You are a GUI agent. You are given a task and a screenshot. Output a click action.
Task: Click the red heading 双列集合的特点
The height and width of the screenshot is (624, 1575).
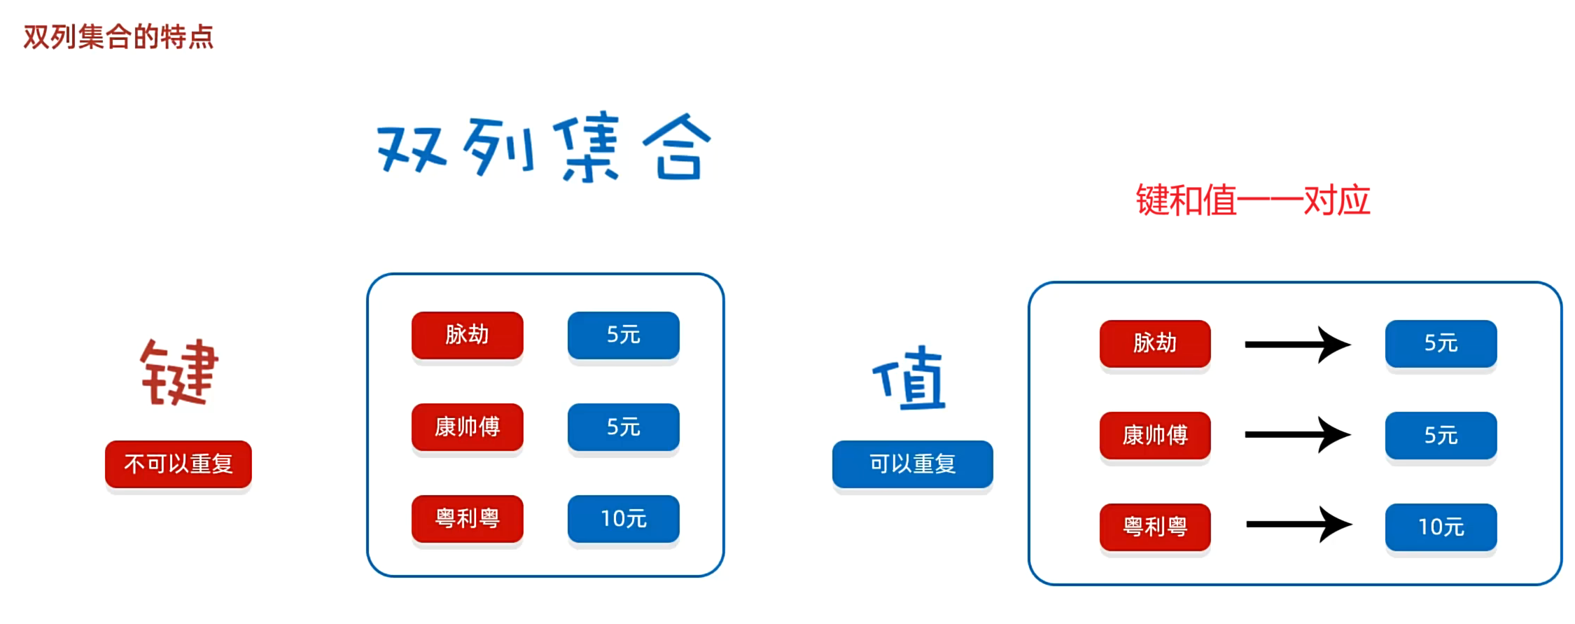[118, 36]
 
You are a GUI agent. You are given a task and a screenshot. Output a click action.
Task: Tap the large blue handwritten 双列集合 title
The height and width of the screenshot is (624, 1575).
[544, 148]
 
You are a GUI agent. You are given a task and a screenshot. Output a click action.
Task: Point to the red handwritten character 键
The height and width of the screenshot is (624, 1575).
[179, 373]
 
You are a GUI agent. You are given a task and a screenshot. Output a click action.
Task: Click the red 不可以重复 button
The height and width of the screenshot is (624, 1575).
[178, 464]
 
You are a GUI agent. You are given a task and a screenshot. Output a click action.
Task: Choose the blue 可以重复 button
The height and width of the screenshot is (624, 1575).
[912, 464]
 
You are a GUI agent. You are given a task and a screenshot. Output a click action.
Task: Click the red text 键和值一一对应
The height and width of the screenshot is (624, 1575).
[1252, 201]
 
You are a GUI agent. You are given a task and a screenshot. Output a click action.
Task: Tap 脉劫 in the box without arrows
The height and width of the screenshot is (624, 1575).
[467, 335]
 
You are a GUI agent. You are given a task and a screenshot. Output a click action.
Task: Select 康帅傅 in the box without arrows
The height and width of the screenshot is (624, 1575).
[467, 427]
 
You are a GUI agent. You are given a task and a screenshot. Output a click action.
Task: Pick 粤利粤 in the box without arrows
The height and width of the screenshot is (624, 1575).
[467, 518]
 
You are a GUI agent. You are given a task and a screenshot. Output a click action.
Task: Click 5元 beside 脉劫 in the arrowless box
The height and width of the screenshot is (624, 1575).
[623, 335]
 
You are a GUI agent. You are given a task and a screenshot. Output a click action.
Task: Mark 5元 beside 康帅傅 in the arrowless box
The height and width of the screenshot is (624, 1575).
[623, 427]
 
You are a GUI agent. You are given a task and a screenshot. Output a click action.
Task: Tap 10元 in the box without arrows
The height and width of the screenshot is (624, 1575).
[623, 518]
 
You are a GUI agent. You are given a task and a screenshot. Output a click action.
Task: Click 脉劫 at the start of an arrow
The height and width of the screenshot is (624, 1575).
[1155, 343]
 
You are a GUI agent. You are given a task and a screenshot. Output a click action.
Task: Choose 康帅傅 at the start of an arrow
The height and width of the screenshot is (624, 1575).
[1155, 435]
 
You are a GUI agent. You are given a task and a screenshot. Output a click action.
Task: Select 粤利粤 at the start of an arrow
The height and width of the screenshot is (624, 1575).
[1155, 527]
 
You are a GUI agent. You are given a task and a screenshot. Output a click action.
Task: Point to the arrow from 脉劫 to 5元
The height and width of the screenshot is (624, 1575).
[1297, 344]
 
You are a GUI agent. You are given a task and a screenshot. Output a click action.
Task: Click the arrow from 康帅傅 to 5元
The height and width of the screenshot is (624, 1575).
[1297, 435]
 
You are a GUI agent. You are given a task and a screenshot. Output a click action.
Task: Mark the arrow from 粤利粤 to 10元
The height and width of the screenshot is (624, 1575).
[1298, 525]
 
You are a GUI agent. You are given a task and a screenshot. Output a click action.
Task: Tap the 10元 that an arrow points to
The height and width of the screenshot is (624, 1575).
[1441, 527]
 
